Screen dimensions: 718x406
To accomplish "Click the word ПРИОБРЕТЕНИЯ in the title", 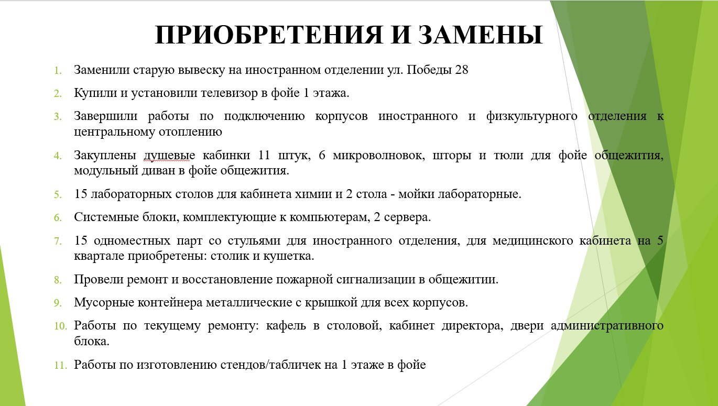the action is [x=269, y=35].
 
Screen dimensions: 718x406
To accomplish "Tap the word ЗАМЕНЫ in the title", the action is [x=481, y=35].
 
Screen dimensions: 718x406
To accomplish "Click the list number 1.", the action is [x=58, y=71].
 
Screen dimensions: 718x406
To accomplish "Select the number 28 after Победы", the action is [x=462, y=70].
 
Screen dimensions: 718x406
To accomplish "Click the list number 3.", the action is [x=58, y=117].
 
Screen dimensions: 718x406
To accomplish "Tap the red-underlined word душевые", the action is [x=169, y=156].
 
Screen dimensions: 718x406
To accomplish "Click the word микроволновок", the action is [x=379, y=156].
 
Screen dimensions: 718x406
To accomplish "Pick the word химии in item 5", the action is [x=313, y=194].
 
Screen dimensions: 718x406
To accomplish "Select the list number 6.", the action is [x=58, y=218].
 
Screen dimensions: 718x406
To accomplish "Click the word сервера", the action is [x=407, y=217].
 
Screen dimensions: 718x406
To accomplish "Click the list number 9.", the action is [x=58, y=303].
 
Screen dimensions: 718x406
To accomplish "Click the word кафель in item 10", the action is [x=286, y=326].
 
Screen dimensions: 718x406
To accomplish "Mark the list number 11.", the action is [x=60, y=366].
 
